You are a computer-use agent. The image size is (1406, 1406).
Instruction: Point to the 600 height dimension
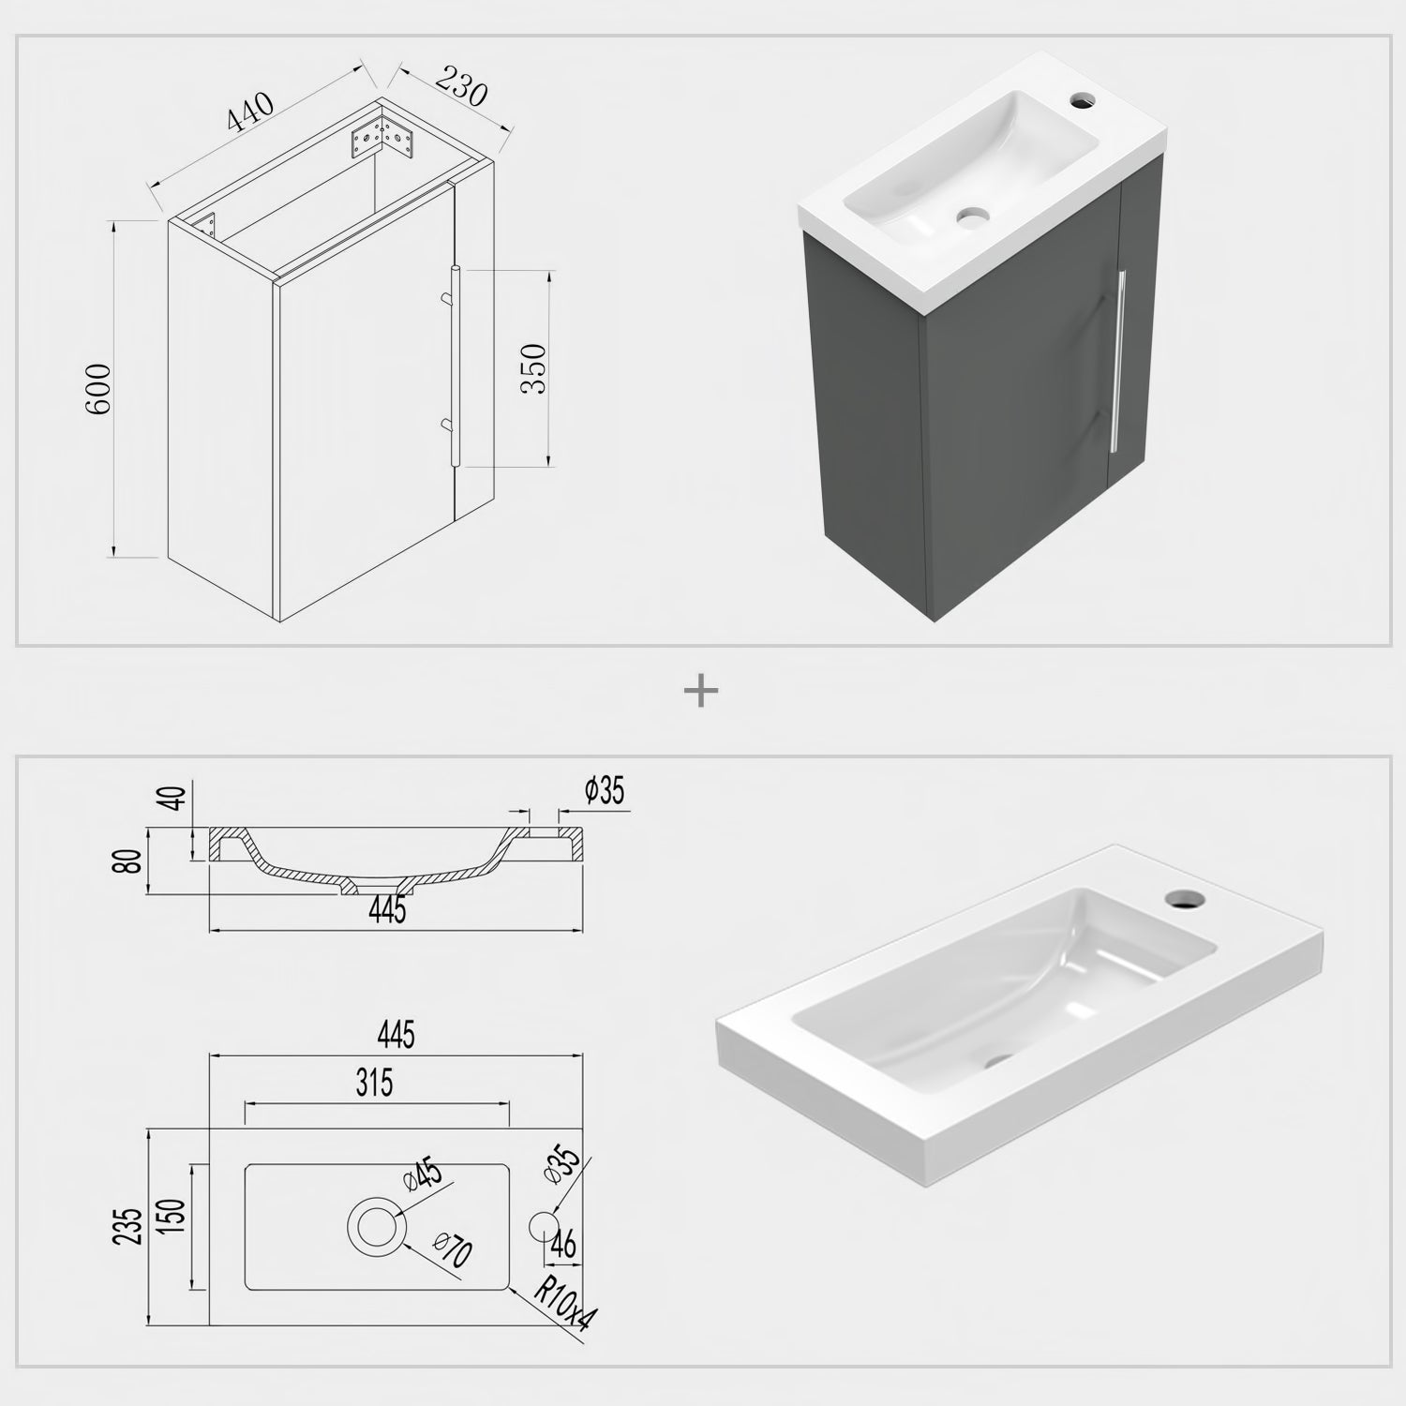tap(98, 389)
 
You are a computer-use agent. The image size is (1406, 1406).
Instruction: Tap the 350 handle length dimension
tap(532, 367)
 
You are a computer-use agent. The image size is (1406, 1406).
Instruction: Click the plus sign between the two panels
tap(701, 693)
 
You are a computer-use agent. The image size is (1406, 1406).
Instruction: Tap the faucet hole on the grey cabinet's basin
tap(1084, 97)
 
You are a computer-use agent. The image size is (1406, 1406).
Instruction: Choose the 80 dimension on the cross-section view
tap(132, 860)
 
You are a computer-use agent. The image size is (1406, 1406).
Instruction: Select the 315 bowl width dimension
tap(374, 1084)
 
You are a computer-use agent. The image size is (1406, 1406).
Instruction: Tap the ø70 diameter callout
tap(453, 1251)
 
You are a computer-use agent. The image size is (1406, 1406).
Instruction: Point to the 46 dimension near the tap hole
tap(563, 1245)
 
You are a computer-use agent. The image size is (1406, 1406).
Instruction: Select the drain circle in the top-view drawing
tap(377, 1225)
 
